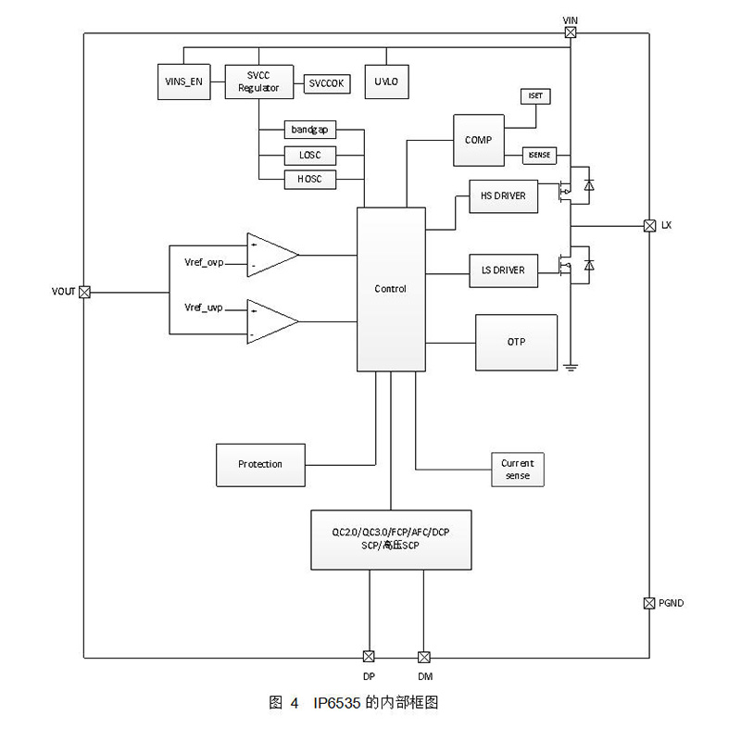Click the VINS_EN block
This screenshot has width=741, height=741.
[x=183, y=82]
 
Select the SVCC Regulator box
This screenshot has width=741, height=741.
[x=258, y=82]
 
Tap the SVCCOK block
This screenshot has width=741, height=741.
[x=326, y=82]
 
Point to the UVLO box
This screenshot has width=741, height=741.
[x=386, y=82]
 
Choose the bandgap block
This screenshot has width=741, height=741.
[x=310, y=130]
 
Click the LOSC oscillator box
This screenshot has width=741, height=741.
[x=310, y=155]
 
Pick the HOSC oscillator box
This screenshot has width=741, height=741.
[x=310, y=179]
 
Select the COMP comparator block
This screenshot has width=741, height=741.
[x=479, y=140]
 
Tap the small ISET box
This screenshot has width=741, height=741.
[x=535, y=96]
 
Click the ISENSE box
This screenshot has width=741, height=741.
[x=539, y=156]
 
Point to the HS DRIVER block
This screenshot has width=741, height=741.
[x=503, y=195]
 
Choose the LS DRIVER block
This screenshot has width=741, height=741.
[x=503, y=270]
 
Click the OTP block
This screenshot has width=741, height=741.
[x=516, y=342]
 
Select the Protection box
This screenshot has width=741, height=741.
[x=260, y=464]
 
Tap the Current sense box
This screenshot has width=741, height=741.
[x=517, y=469]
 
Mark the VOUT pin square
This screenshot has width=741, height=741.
[x=84, y=292]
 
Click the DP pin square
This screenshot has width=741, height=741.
[x=369, y=657]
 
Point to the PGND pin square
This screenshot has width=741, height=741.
[x=649, y=603]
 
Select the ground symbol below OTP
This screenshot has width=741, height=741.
[x=571, y=368]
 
